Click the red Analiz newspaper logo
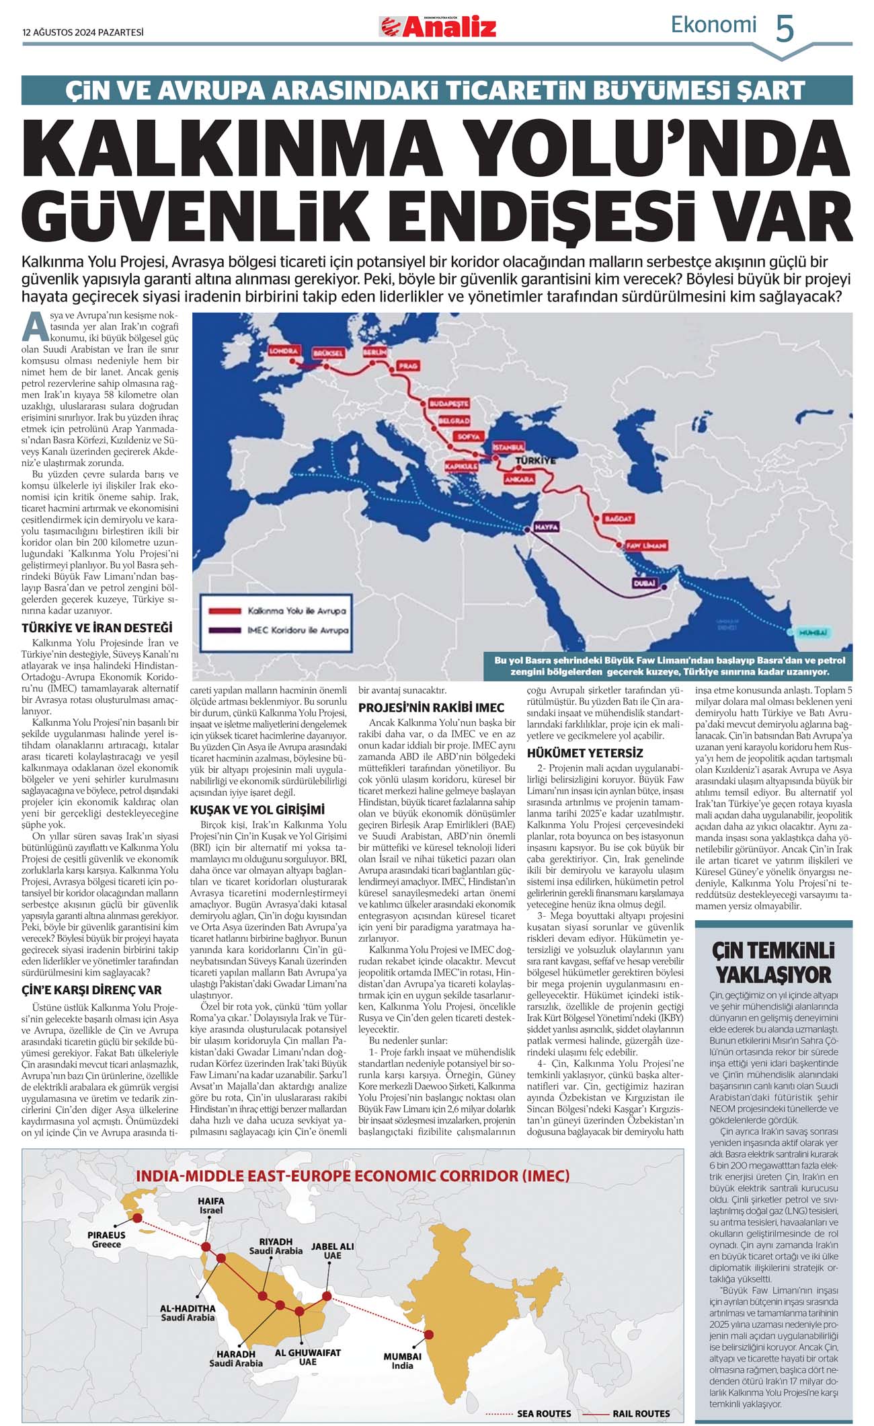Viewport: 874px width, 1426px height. [x=438, y=27]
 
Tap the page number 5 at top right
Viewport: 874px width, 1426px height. [x=785, y=29]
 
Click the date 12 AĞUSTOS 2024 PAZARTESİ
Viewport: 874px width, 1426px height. [x=83, y=32]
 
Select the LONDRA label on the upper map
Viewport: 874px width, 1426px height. [x=283, y=351]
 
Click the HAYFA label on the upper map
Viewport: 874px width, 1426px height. [x=545, y=527]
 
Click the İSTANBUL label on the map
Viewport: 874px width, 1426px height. [x=508, y=447]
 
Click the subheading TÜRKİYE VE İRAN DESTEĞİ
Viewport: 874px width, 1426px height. [x=97, y=628]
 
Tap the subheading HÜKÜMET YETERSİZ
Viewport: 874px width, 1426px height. [x=585, y=752]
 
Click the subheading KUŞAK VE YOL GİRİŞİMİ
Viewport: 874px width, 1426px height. [x=257, y=810]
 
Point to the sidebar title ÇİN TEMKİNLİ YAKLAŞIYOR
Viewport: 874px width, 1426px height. [x=773, y=963]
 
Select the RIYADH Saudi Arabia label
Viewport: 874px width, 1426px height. [x=276, y=1246]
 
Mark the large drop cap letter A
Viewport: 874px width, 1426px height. [x=35, y=328]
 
